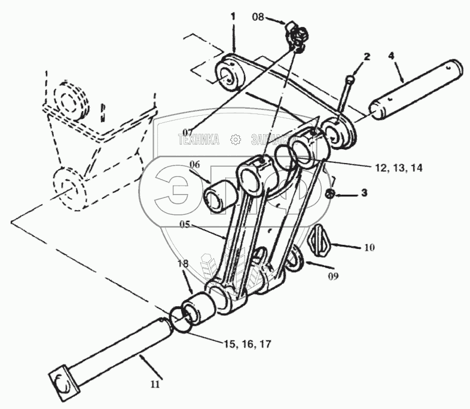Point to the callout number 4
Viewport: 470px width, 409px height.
pos(391,56)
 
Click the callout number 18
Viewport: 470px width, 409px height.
pos(182,263)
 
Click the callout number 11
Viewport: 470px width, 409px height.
pos(155,385)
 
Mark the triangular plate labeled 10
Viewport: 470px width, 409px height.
pos(321,241)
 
